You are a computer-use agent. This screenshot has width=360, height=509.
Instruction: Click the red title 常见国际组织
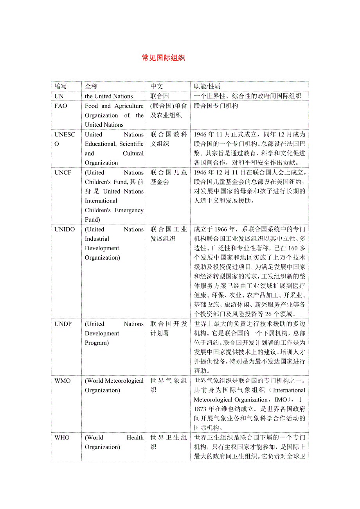click(163, 58)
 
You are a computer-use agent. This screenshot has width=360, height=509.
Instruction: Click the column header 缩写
click(61, 86)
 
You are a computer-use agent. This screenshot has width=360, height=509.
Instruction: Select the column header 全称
click(91, 86)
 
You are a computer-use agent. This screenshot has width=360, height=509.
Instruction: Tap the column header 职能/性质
click(207, 86)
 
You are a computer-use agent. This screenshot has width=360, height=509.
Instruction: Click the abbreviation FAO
click(61, 106)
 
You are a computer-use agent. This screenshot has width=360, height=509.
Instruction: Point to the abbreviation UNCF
click(63, 172)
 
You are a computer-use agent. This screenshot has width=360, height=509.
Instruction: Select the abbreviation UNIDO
click(65, 229)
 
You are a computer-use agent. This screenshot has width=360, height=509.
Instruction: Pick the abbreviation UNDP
click(63, 324)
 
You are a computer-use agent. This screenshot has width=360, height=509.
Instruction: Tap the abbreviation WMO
click(63, 381)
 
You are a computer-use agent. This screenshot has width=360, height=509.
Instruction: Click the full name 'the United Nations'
click(109, 96)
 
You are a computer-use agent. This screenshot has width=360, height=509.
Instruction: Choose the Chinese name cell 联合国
click(160, 96)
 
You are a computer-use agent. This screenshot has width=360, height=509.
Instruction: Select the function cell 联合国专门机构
click(216, 106)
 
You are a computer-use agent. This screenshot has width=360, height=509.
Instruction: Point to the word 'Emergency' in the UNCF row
click(129, 210)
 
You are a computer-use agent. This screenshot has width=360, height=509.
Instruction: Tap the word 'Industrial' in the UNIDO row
click(97, 239)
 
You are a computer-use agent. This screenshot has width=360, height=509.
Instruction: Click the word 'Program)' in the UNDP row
click(97, 343)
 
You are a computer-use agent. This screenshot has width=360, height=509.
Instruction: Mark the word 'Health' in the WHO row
click(135, 438)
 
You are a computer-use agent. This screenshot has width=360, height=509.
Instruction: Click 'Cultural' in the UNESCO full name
click(133, 154)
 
